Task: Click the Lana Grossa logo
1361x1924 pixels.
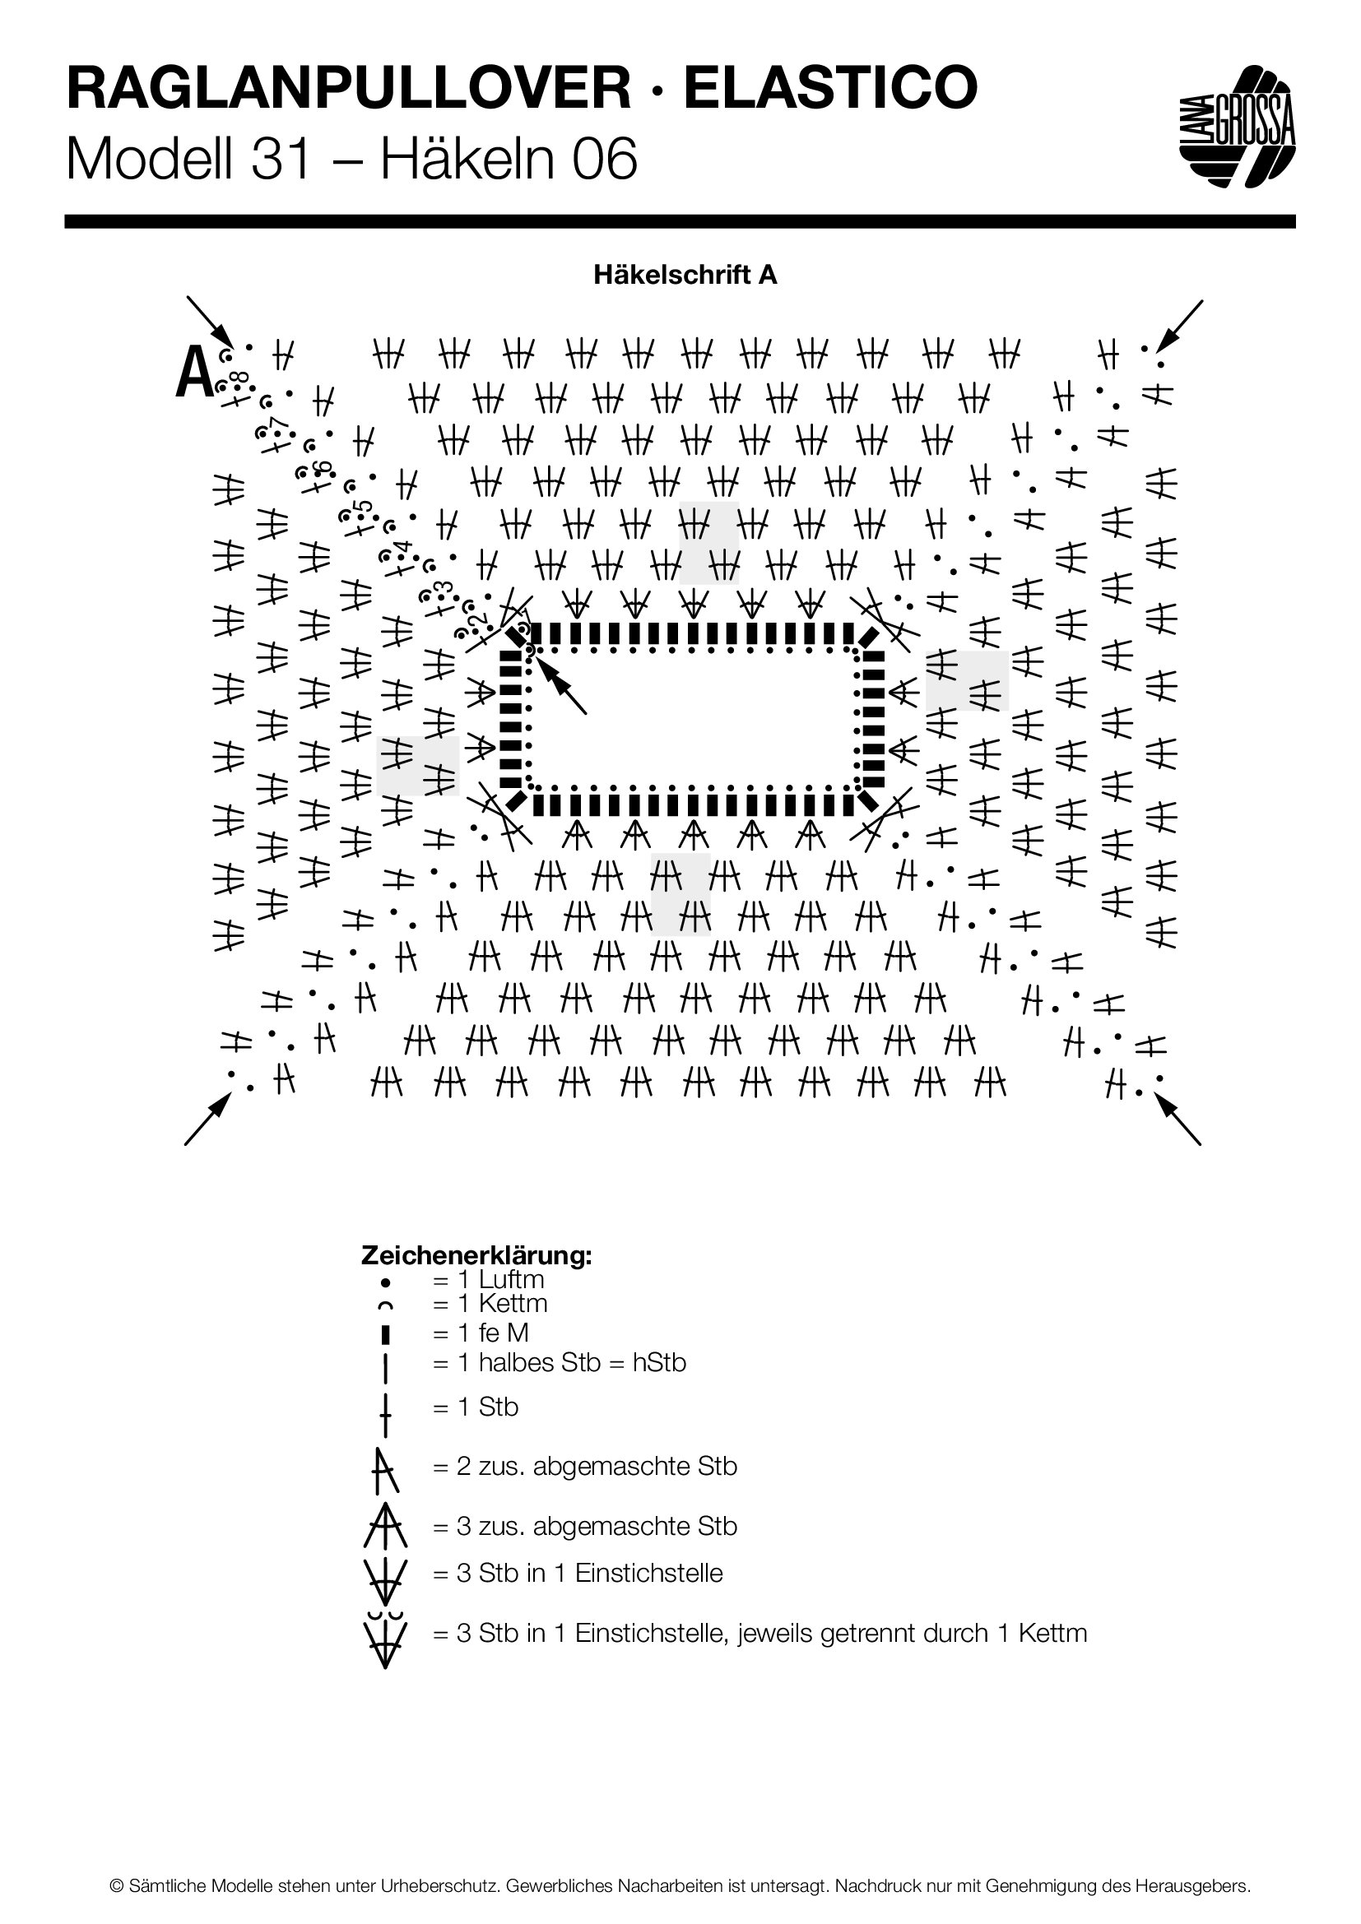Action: (1237, 126)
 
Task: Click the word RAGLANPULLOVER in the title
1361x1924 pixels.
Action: (349, 88)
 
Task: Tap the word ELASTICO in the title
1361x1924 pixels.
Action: (830, 88)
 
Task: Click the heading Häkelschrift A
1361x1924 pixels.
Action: (685, 275)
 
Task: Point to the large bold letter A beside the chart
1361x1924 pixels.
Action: (194, 373)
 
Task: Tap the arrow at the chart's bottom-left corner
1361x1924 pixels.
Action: (208, 1118)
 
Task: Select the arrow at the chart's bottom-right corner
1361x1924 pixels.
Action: (1178, 1120)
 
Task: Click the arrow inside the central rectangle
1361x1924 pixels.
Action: (561, 686)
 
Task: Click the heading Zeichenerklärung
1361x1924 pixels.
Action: (476, 1255)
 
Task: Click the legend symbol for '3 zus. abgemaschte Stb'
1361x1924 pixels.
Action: (385, 1525)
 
